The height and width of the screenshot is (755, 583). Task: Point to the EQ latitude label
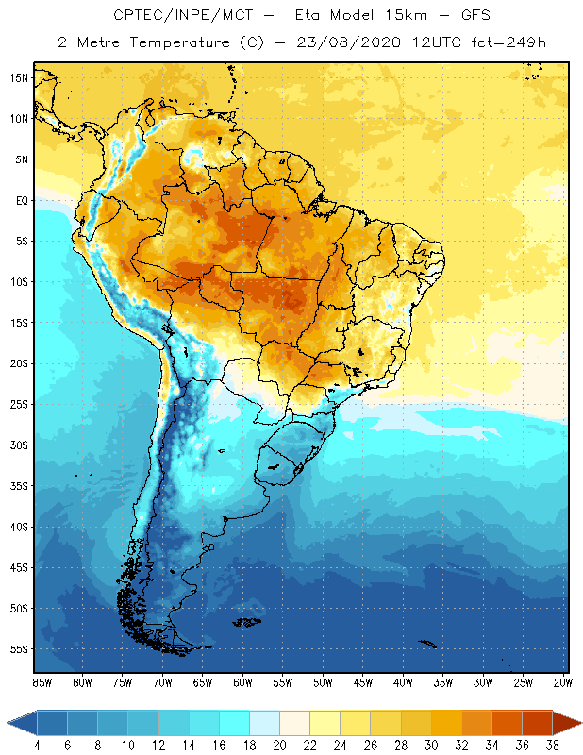(x=21, y=200)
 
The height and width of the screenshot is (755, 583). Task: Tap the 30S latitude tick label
(x=21, y=445)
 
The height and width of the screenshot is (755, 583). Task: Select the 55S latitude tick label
(x=21, y=649)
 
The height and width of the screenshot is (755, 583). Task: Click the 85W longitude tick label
(x=42, y=681)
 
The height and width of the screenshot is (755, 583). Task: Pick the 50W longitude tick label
(x=323, y=681)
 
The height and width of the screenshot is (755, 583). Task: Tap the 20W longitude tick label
(x=562, y=681)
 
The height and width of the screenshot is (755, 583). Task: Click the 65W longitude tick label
(x=202, y=681)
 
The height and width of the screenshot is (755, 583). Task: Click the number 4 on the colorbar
(x=37, y=745)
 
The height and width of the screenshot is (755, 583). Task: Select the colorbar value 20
(x=278, y=745)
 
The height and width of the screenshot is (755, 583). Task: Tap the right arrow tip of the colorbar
(x=578, y=723)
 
